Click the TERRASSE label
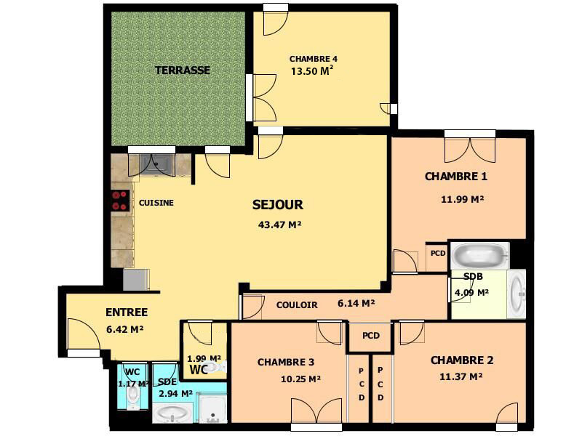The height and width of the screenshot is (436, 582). click(183, 70)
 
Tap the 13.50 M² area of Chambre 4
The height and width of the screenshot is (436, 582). click(312, 71)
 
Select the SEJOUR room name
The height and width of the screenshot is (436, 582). click(277, 205)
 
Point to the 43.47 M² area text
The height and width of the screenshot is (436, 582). click(279, 225)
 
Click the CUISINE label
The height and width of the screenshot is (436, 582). click(156, 203)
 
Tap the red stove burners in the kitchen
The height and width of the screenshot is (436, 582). click(120, 200)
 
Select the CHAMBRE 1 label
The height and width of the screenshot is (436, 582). click(456, 177)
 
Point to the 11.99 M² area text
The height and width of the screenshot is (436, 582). click(463, 199)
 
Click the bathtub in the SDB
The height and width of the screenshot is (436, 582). click(479, 256)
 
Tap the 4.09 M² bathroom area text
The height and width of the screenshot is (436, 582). click(471, 293)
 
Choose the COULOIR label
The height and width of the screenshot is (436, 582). click(297, 305)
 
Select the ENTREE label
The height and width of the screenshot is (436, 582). click(127, 312)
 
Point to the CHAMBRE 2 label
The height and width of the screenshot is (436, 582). click(462, 360)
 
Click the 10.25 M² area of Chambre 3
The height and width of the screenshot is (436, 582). click(301, 379)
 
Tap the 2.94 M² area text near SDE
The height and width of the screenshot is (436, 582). click(175, 394)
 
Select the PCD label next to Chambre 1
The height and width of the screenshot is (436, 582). click(437, 254)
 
